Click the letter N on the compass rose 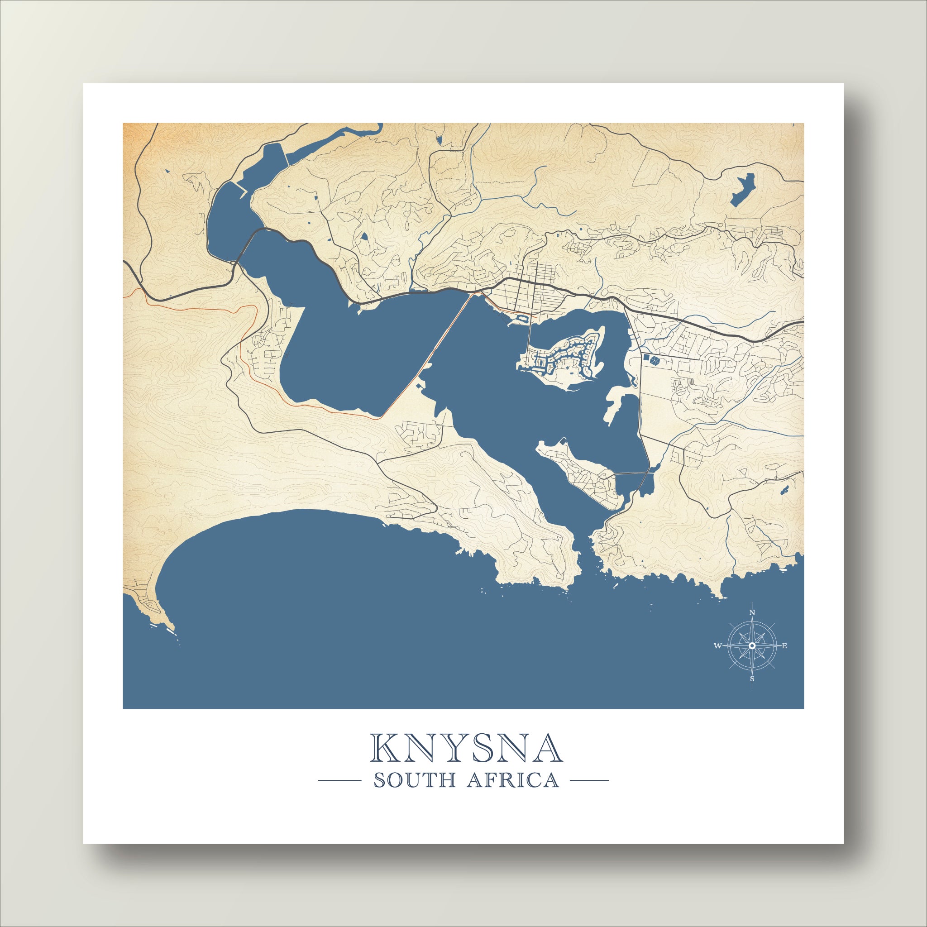(752, 612)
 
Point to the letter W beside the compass (718, 646)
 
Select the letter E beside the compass (785, 646)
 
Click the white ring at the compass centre (752, 646)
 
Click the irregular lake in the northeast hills (743, 190)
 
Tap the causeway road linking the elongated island (630, 473)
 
